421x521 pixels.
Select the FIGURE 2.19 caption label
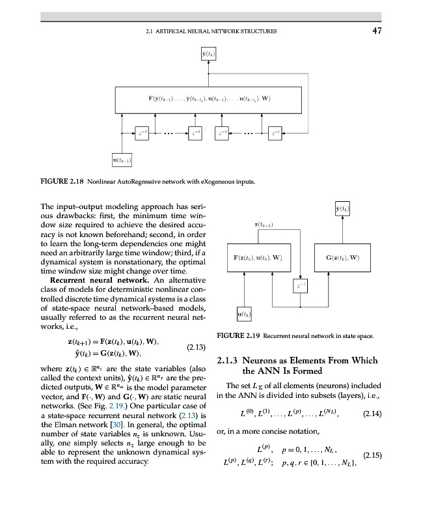click(239, 335)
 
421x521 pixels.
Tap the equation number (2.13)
click(196, 348)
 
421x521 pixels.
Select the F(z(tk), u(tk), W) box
click(258, 257)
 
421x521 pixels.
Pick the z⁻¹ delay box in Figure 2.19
click(300, 285)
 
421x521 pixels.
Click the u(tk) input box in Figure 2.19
click(245, 315)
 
